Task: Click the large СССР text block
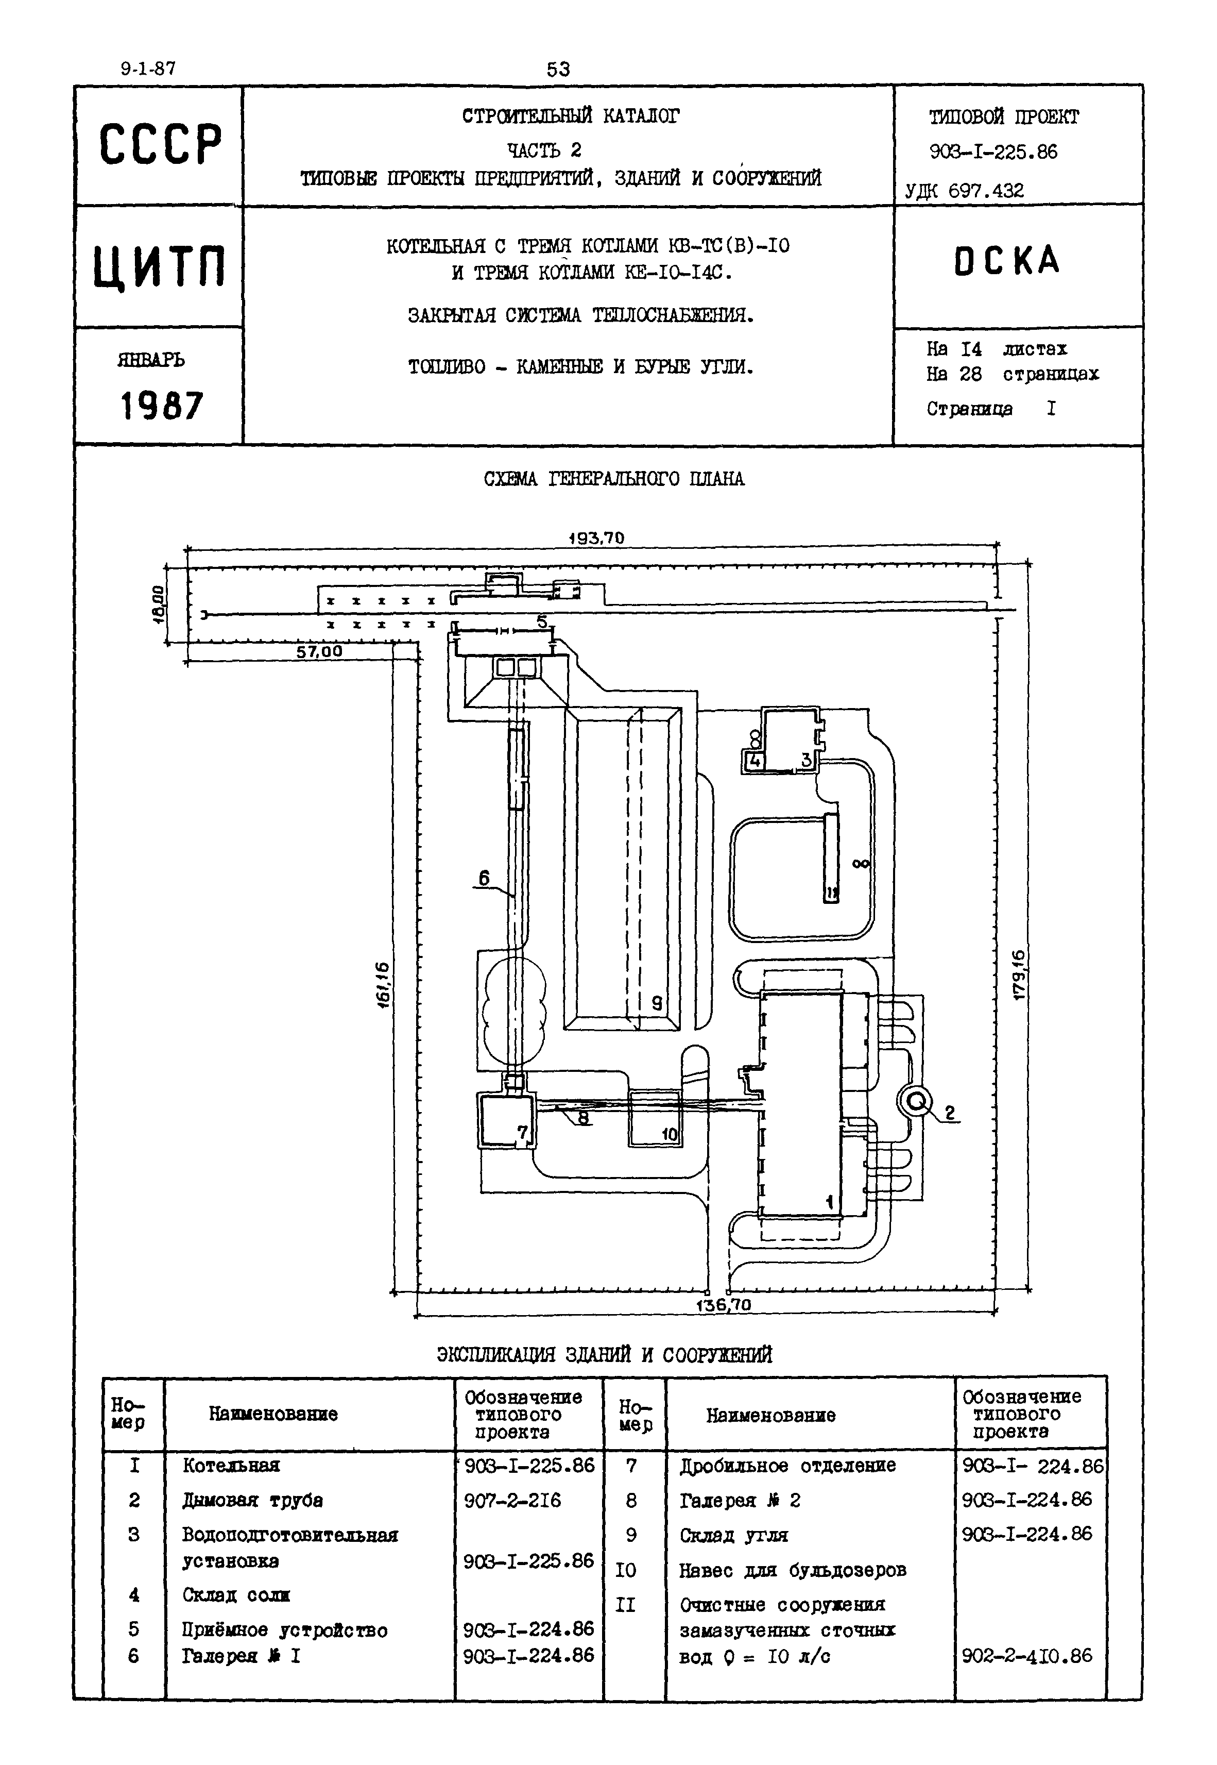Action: (x=160, y=144)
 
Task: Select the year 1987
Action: (x=162, y=405)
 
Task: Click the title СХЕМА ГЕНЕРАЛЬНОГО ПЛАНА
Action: (x=614, y=479)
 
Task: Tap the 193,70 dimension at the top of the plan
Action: (x=596, y=537)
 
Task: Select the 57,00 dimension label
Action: (x=319, y=651)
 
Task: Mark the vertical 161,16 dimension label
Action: (x=383, y=983)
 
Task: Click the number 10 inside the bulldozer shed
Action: (x=669, y=1134)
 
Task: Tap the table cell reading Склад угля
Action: (x=733, y=1535)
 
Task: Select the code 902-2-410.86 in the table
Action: (x=1026, y=1655)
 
